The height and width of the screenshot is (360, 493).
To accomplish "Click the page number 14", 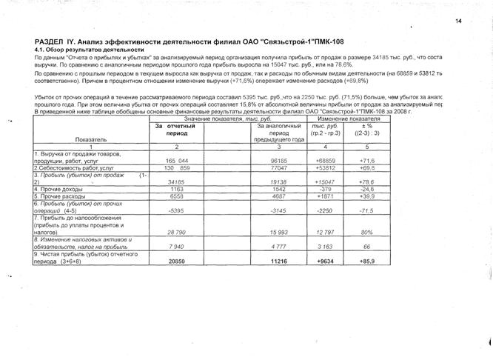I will (x=460, y=21).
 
